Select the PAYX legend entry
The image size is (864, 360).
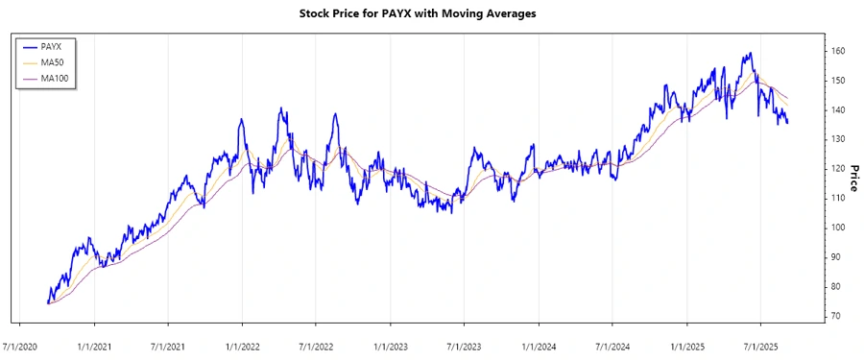coord(52,46)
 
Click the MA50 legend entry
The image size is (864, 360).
coord(52,62)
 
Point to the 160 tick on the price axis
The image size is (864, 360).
coord(839,51)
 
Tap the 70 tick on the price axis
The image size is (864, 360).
coord(837,316)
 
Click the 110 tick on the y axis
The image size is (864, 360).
coord(839,198)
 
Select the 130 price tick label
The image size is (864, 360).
coord(839,139)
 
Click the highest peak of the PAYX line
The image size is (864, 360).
coord(750,54)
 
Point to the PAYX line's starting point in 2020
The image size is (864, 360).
coord(47,302)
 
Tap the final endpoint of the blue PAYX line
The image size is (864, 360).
coord(788,123)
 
